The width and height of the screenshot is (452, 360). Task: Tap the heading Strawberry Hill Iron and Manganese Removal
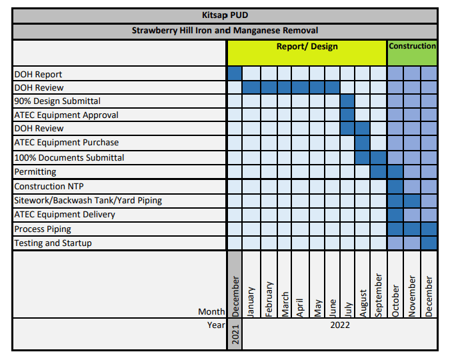[x=225, y=31]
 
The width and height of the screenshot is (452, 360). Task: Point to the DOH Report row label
[x=39, y=74]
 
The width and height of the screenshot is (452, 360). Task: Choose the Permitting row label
[x=35, y=171]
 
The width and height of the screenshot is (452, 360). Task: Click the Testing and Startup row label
[x=53, y=243]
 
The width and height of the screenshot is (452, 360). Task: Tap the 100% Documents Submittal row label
[x=69, y=158]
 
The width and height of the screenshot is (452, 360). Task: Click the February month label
[x=269, y=299]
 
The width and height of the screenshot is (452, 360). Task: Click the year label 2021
[x=235, y=333]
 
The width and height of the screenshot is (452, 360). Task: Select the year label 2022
[x=339, y=325]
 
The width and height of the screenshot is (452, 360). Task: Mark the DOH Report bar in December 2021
[x=235, y=73]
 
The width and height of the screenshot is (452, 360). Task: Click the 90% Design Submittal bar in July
[x=347, y=101]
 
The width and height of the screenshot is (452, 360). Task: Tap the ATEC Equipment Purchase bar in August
[x=363, y=142]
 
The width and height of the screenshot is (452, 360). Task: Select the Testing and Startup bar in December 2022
[x=429, y=243]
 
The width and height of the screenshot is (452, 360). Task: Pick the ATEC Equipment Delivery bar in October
[x=395, y=215]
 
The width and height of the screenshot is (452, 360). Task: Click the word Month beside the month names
[x=211, y=311]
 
